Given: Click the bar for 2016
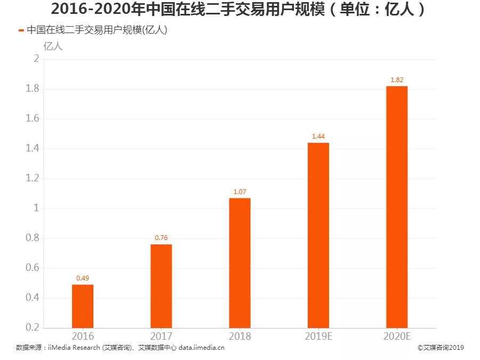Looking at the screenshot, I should [x=83, y=306].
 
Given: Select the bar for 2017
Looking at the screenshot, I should [x=161, y=285].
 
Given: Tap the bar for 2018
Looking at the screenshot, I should [x=239, y=262].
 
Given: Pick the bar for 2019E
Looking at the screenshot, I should [x=318, y=235].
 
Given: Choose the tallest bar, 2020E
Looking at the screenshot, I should [x=397, y=206].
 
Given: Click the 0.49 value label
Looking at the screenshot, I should [x=83, y=278].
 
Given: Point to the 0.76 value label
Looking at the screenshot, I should [x=161, y=237].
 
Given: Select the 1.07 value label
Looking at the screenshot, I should [x=239, y=191].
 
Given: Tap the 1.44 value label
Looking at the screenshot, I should [x=318, y=136].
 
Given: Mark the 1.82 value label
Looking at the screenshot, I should [x=397, y=79].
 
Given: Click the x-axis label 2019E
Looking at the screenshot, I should [x=318, y=337].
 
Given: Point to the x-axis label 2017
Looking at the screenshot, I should [x=161, y=337].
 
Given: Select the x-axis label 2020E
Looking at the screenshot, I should [x=397, y=337].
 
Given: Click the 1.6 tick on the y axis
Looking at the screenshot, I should [x=33, y=118].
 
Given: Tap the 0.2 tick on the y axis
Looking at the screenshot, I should [x=33, y=327].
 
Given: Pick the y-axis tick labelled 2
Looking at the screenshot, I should [x=36, y=59].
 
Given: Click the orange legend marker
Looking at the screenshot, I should [x=21, y=30].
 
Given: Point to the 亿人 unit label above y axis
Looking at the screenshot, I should [x=52, y=46].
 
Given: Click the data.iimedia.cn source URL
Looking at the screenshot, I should [x=202, y=348].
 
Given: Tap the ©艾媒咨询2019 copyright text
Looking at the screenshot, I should [x=441, y=348].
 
